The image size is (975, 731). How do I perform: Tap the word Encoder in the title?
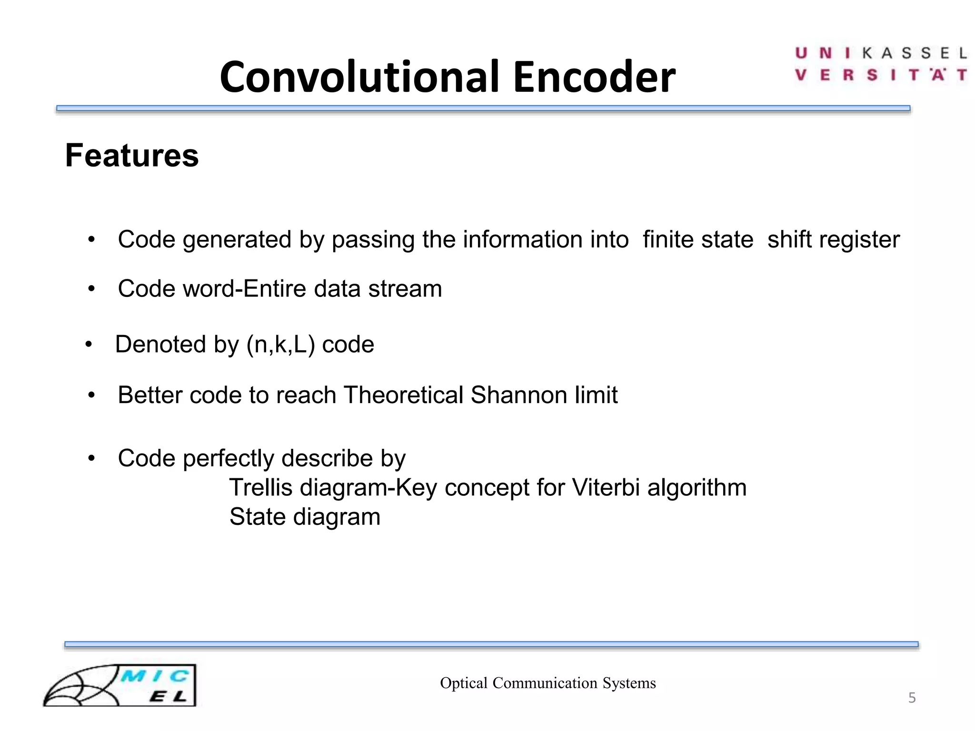[594, 77]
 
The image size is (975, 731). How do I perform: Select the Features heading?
[132, 156]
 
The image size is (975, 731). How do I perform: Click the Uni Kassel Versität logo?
[881, 64]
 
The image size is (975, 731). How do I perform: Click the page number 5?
[912, 698]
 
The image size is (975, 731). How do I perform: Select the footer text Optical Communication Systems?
[547, 683]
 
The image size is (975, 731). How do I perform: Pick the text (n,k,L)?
[281, 345]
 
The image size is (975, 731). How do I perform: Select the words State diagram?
[305, 517]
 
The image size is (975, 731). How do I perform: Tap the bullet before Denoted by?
[89, 345]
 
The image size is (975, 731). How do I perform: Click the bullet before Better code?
[92, 395]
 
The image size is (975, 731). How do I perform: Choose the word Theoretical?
[403, 395]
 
